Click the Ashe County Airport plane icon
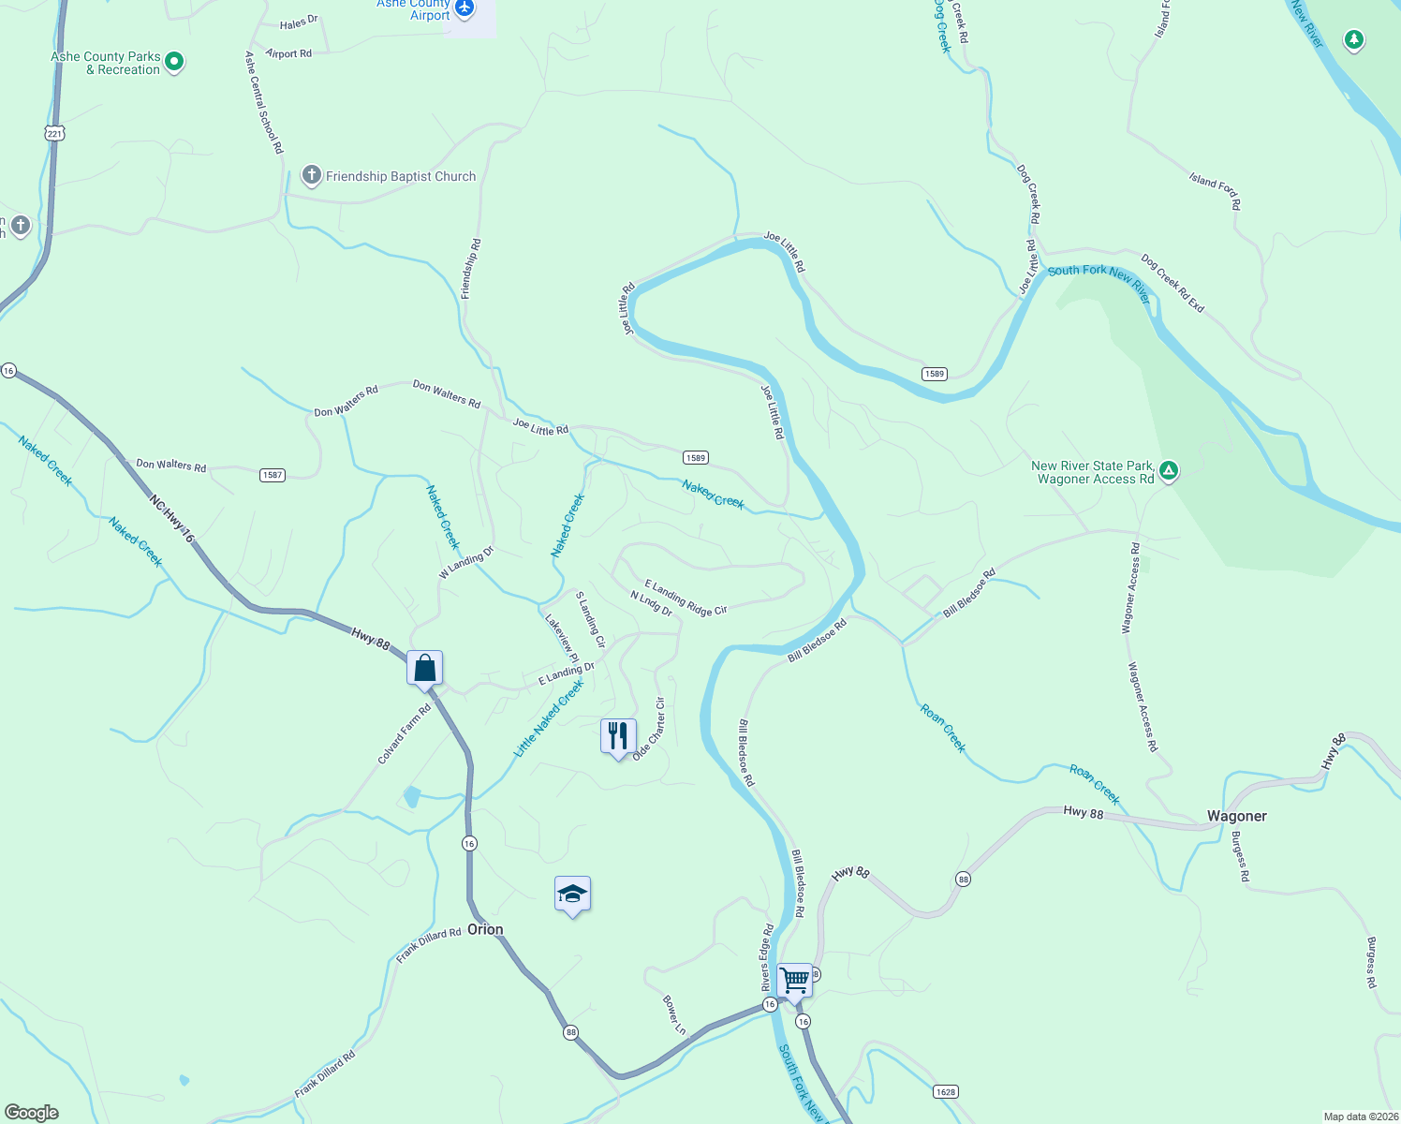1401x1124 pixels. click(x=464, y=9)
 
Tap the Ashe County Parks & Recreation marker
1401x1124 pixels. click(x=173, y=63)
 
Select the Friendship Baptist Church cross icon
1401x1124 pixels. click(x=311, y=175)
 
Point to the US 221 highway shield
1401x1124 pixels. click(x=54, y=134)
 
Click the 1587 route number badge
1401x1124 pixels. click(x=272, y=475)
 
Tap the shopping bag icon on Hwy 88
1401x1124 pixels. click(x=424, y=669)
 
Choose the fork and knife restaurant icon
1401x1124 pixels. click(x=618, y=736)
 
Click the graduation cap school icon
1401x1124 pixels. click(x=572, y=895)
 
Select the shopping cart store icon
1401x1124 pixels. click(x=794, y=981)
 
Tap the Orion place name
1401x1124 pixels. click(x=485, y=929)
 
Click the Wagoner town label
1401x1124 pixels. click(x=1236, y=816)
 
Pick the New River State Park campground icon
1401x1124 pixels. click(x=1168, y=470)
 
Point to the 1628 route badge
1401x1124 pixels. click(x=945, y=1092)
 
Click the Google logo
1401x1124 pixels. click(x=31, y=1113)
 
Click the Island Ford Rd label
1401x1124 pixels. click(x=1215, y=190)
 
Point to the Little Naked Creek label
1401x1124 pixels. click(x=549, y=717)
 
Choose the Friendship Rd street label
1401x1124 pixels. click(x=471, y=269)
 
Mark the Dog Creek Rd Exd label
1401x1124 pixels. click(x=1172, y=283)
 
